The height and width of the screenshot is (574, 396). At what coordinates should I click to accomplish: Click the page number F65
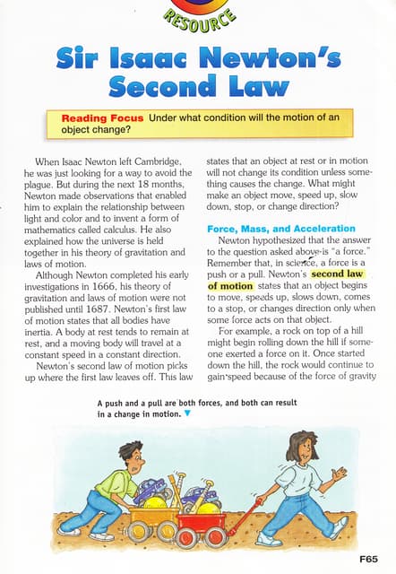pyautogui.click(x=370, y=557)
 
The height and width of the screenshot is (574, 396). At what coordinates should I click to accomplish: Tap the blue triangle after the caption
pyautogui.click(x=186, y=414)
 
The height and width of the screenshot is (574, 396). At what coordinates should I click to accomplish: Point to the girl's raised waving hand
pyautogui.click(x=338, y=473)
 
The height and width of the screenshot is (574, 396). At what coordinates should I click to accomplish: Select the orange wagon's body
pyautogui.click(x=153, y=514)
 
